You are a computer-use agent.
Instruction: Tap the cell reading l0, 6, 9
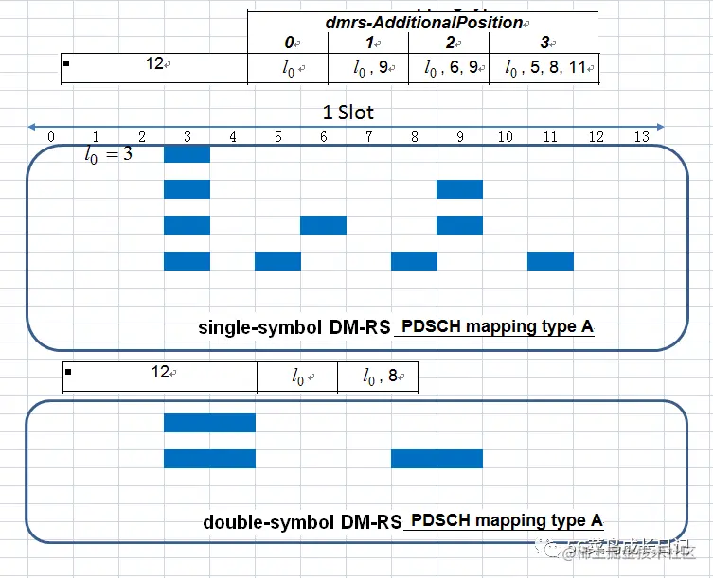449,68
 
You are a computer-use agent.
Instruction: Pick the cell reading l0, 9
368,68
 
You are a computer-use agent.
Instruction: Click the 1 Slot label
348,113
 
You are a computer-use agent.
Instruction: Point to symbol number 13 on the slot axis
641,137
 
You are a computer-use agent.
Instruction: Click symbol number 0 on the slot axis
50,137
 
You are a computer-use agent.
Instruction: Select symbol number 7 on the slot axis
368,137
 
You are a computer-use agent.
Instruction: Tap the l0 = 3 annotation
108,153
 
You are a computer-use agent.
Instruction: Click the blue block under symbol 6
323,225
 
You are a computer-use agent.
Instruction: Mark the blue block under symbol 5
277,261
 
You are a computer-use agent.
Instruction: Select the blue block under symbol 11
550,261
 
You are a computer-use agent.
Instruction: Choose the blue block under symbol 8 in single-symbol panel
414,261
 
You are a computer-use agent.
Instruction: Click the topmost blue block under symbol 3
187,153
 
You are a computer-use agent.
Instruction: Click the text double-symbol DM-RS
302,522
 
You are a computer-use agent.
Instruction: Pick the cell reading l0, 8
377,377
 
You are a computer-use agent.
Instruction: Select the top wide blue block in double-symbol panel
209,423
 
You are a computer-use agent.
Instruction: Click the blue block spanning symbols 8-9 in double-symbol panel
437,459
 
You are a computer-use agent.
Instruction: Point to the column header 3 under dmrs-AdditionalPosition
543,44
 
